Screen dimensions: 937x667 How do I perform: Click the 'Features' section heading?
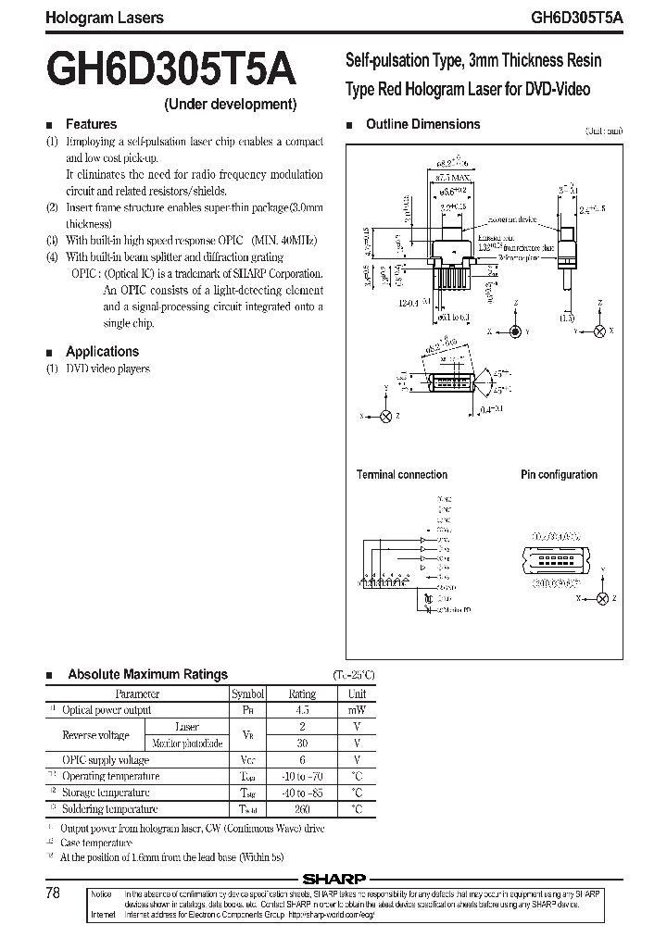(x=91, y=124)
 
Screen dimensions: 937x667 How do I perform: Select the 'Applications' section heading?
(x=102, y=352)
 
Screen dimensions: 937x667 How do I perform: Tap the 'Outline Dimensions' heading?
(x=422, y=124)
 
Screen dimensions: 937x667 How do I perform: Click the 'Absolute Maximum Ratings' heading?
(x=147, y=675)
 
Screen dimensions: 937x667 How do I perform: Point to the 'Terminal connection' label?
(x=402, y=475)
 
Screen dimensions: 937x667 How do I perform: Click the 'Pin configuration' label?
(x=559, y=475)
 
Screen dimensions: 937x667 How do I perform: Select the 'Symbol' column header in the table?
(x=247, y=693)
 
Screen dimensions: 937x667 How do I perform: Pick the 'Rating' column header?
(x=302, y=693)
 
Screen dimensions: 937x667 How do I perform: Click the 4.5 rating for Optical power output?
(x=302, y=710)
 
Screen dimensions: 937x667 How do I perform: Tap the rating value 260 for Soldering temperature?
(x=302, y=809)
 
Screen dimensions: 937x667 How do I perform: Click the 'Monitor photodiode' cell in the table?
(x=187, y=743)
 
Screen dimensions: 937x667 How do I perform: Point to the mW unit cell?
(x=357, y=710)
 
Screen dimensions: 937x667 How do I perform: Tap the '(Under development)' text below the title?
(x=231, y=105)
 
